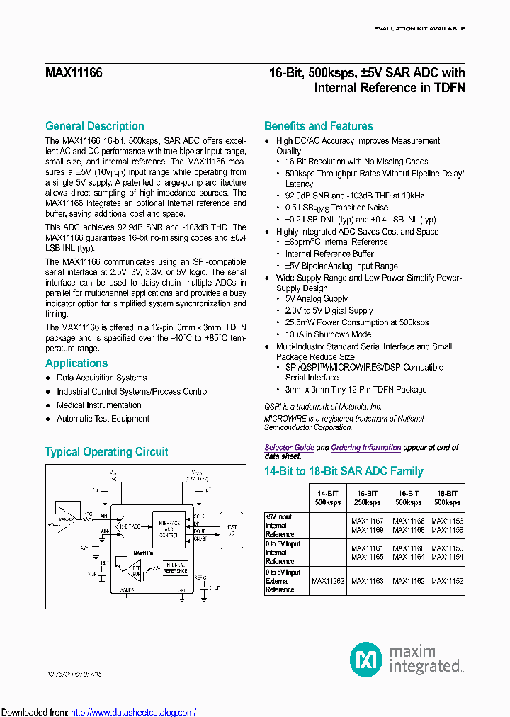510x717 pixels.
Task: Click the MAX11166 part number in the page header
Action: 74,73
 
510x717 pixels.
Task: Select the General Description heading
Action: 95,126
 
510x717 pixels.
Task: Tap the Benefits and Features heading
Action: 318,126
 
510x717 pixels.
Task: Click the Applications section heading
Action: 76,363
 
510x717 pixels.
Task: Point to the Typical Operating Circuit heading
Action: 107,452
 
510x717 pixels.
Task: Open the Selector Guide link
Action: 289,448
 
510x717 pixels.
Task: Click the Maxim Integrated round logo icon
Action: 367,660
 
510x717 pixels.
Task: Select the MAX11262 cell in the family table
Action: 328,581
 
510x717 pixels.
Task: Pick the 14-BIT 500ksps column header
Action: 328,497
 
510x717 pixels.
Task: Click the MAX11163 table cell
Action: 368,581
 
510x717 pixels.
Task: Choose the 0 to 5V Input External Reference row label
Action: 283,581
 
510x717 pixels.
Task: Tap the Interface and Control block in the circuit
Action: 169,529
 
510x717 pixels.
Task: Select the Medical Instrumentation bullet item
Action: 99,405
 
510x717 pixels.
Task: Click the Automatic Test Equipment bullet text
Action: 103,419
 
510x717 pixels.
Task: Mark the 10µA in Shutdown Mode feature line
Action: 328,334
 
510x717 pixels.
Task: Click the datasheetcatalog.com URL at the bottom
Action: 134,713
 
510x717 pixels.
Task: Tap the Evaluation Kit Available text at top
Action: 419,29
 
